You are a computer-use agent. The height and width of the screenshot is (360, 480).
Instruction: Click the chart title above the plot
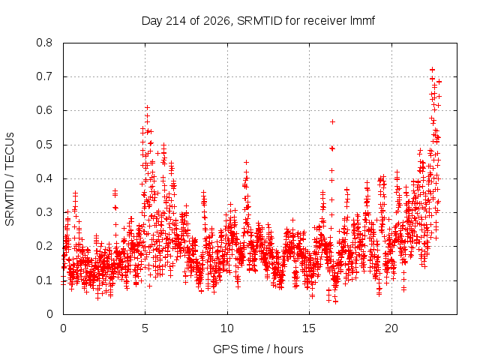pos(258,21)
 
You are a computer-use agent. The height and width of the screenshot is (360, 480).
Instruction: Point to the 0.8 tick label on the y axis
pos(44,43)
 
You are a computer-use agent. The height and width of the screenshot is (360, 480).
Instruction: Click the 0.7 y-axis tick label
pos(44,76)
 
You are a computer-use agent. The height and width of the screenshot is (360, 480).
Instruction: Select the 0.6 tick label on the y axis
pos(44,110)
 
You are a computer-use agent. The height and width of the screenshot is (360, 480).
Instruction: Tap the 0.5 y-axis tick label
pos(44,145)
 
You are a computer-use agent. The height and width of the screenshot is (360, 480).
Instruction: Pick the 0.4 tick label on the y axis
pos(44,178)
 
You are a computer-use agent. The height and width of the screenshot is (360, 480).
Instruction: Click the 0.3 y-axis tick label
pos(44,212)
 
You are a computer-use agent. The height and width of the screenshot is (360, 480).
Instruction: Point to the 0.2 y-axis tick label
pos(44,246)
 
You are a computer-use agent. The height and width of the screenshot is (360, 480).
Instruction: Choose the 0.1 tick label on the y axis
pos(44,280)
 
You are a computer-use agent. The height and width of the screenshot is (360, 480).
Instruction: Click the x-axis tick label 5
pos(145,328)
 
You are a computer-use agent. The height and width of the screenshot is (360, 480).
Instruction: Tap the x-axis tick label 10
pos(227,328)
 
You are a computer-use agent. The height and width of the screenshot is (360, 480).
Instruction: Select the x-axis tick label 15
pos(309,328)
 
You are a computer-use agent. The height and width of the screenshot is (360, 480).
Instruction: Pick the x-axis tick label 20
pos(391,328)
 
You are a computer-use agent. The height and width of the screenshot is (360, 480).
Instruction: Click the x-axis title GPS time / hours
pos(258,349)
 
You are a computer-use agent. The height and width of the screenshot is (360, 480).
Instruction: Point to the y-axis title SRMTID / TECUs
pos(10,179)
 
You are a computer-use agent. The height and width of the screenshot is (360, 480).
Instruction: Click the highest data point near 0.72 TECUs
pos(432,70)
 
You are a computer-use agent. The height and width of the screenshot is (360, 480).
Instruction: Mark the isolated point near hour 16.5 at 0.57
pos(332,121)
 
